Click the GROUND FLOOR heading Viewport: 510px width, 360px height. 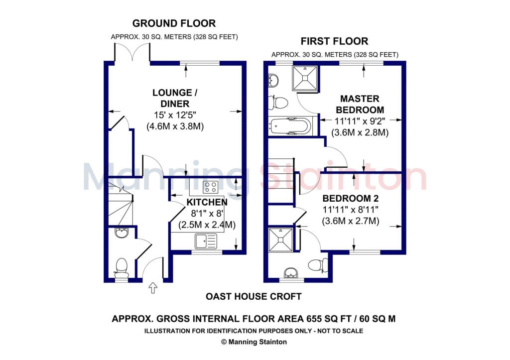(174, 23)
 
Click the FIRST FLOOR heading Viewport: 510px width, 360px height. (334, 41)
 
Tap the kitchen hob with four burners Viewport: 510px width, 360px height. (210, 187)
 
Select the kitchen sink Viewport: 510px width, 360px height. (206, 241)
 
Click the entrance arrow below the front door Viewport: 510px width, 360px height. (153, 288)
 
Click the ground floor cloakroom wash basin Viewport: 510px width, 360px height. (122, 233)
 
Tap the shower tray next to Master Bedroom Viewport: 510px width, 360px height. (305, 78)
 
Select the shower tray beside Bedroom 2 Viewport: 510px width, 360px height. (281, 240)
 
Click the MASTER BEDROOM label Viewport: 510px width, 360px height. (360, 104)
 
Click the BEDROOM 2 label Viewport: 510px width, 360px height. (351, 198)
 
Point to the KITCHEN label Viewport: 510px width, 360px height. (207, 202)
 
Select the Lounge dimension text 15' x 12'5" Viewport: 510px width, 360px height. (175, 115)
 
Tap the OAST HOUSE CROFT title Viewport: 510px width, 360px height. (254, 297)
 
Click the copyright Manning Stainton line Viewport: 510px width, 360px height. (254, 342)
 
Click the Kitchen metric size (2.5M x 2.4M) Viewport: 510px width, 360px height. (207, 225)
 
